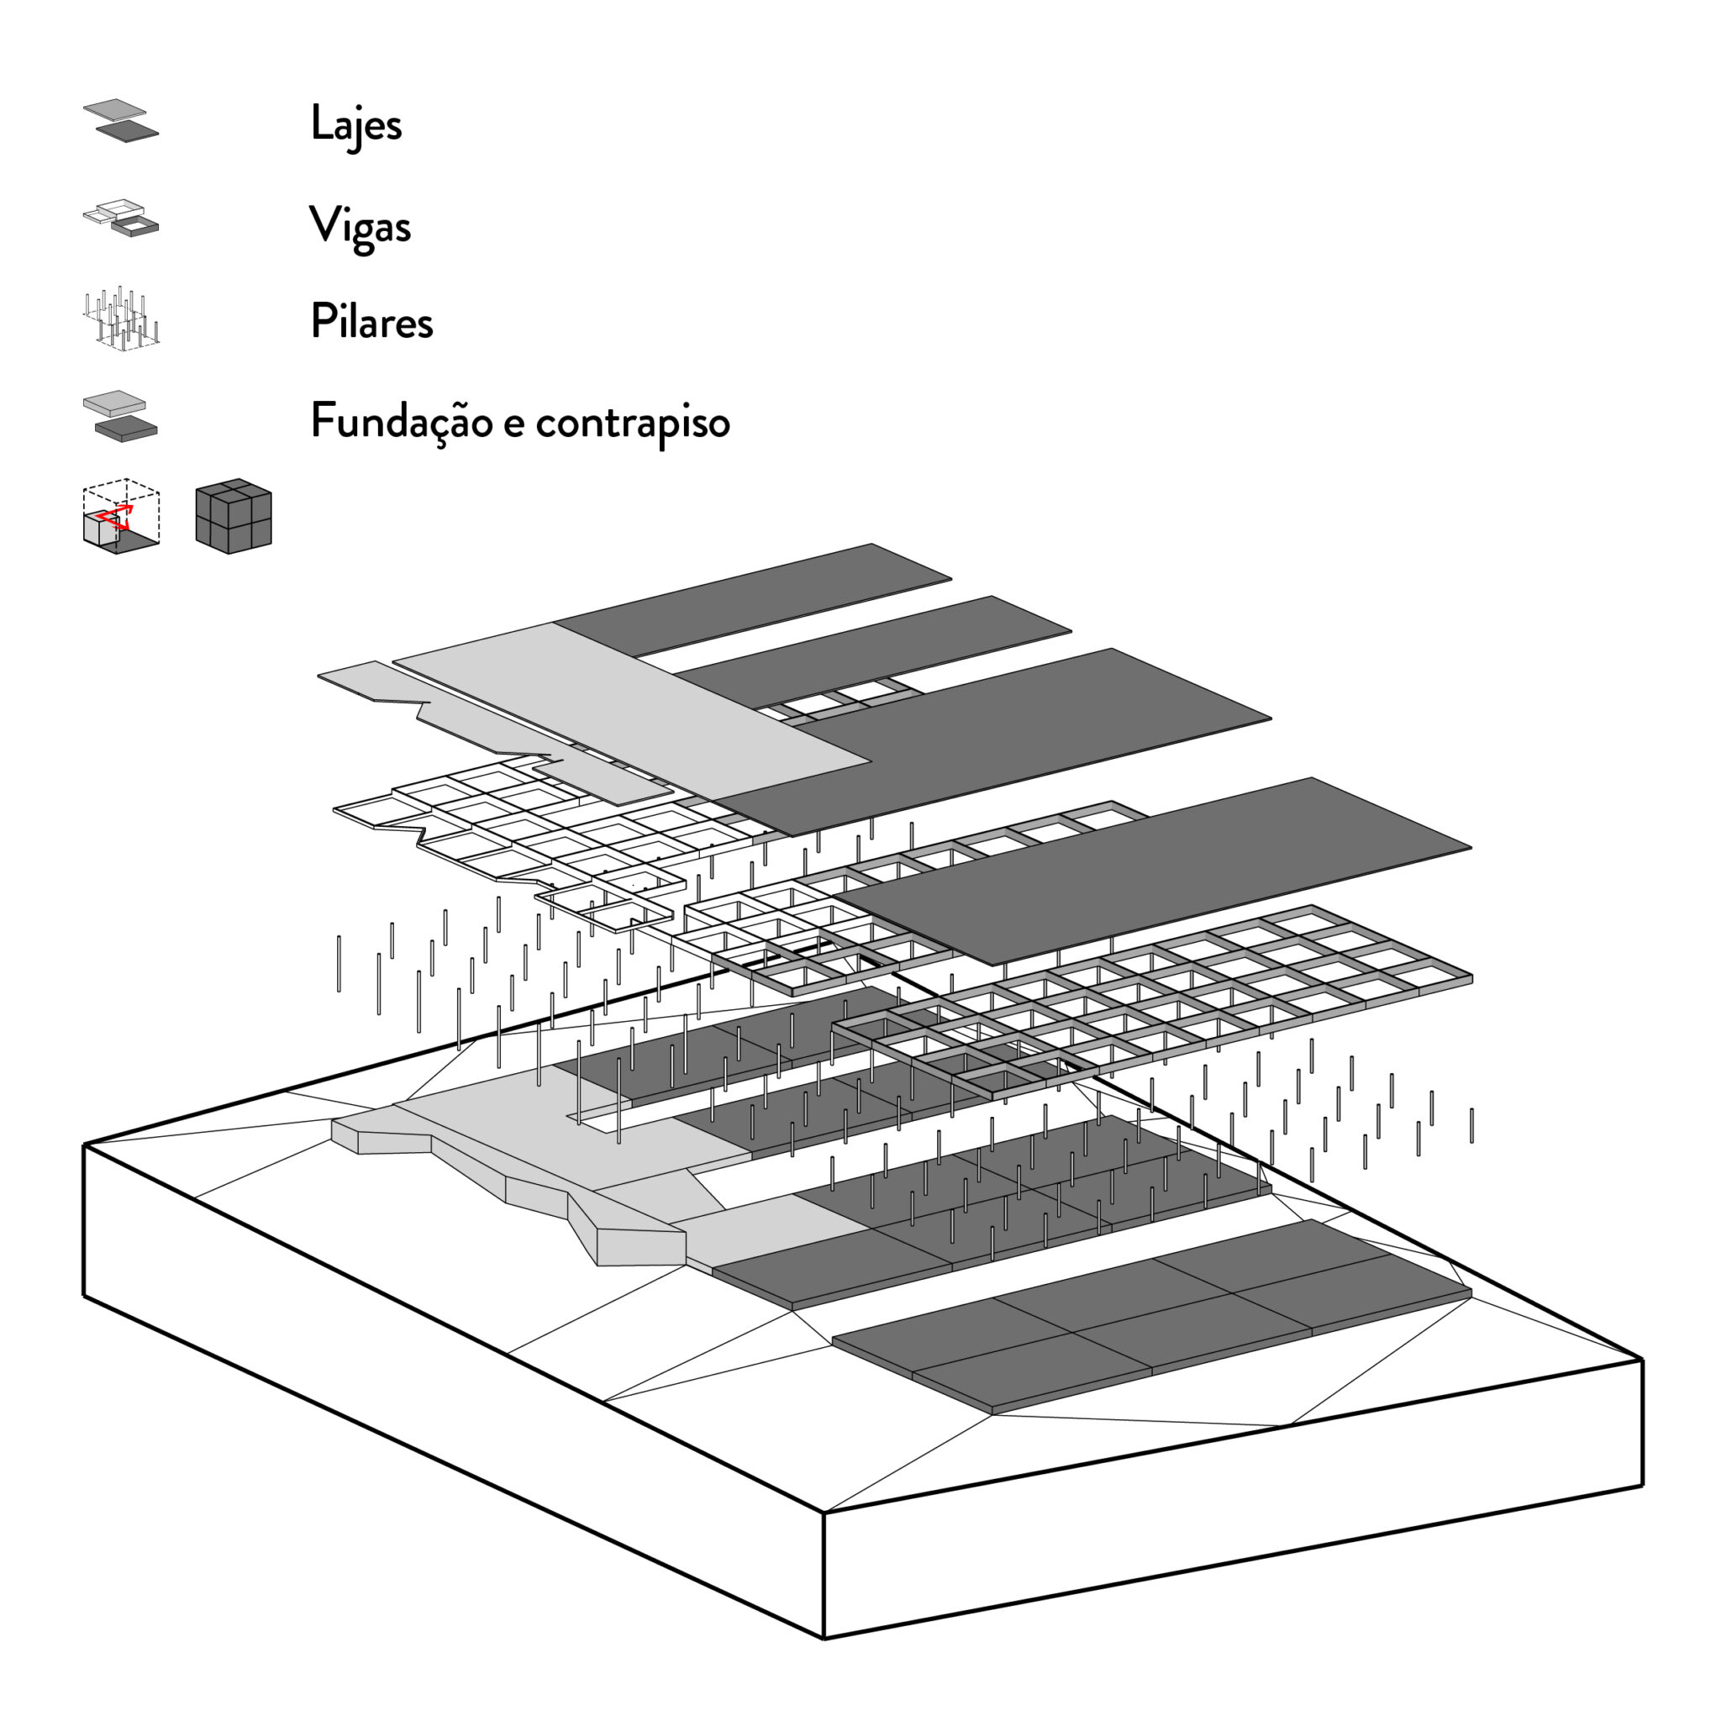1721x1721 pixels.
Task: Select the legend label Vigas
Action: (360, 226)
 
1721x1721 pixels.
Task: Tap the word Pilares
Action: (371, 322)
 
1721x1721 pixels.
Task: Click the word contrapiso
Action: (633, 422)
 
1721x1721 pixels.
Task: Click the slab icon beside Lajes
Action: (121, 121)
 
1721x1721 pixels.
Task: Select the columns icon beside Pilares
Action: (122, 316)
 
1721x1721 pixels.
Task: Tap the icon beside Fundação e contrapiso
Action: (120, 416)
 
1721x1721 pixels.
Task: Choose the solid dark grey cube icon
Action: (234, 517)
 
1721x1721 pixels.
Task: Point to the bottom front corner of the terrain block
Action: (823, 1637)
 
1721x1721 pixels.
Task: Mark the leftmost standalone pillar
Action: (339, 964)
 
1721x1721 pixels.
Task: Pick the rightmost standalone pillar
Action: (1471, 1125)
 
